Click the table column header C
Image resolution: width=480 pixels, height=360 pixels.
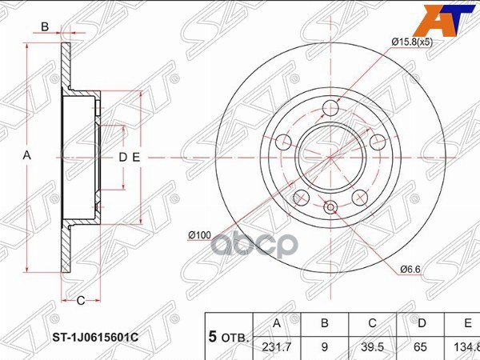tap(372, 325)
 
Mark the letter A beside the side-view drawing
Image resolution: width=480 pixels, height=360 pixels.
tap(26, 157)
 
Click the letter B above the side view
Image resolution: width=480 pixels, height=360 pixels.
tap(46, 26)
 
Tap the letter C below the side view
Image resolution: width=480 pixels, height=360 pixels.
tap(81, 300)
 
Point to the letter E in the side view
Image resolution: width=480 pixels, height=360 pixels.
tap(137, 157)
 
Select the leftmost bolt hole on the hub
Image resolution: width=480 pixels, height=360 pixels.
tap(283, 142)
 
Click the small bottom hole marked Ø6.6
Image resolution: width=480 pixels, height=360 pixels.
tap(331, 210)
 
